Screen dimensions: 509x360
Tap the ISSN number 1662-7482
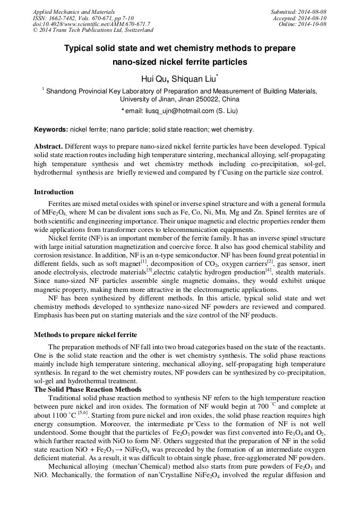click(64, 18)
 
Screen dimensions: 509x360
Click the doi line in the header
click(91, 24)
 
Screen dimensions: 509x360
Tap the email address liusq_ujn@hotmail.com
click(172, 111)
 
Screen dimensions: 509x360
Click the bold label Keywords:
click(51, 130)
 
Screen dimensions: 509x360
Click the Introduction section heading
click(54, 192)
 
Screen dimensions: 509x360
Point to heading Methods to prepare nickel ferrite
click(85, 335)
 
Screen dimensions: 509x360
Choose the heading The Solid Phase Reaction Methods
click(88, 389)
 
